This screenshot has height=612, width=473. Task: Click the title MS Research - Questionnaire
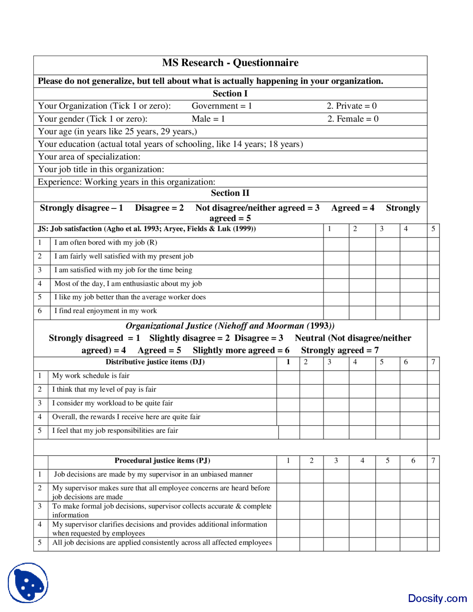point(230,63)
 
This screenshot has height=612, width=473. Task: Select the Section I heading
point(230,93)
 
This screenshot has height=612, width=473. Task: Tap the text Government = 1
point(222,106)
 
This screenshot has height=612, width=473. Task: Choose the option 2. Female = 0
point(353,119)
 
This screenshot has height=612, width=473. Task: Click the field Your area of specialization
point(89,157)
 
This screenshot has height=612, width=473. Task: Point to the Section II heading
point(230,193)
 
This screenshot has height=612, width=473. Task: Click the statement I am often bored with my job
point(106,243)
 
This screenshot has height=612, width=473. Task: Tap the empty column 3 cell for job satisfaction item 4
point(387,284)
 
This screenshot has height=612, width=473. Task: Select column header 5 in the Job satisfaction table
point(433,229)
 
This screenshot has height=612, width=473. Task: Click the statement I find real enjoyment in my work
point(106,311)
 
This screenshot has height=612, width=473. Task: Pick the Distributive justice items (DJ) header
point(155,362)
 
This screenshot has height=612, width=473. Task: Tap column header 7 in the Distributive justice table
point(433,362)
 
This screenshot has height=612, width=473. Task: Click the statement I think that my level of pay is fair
point(104,390)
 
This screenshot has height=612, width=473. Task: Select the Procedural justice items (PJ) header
point(162,460)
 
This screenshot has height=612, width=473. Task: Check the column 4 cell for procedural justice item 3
point(362,510)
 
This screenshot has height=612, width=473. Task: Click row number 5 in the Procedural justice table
point(40,543)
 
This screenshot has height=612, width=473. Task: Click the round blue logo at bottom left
point(28,583)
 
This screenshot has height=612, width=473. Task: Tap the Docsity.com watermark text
point(437,598)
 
